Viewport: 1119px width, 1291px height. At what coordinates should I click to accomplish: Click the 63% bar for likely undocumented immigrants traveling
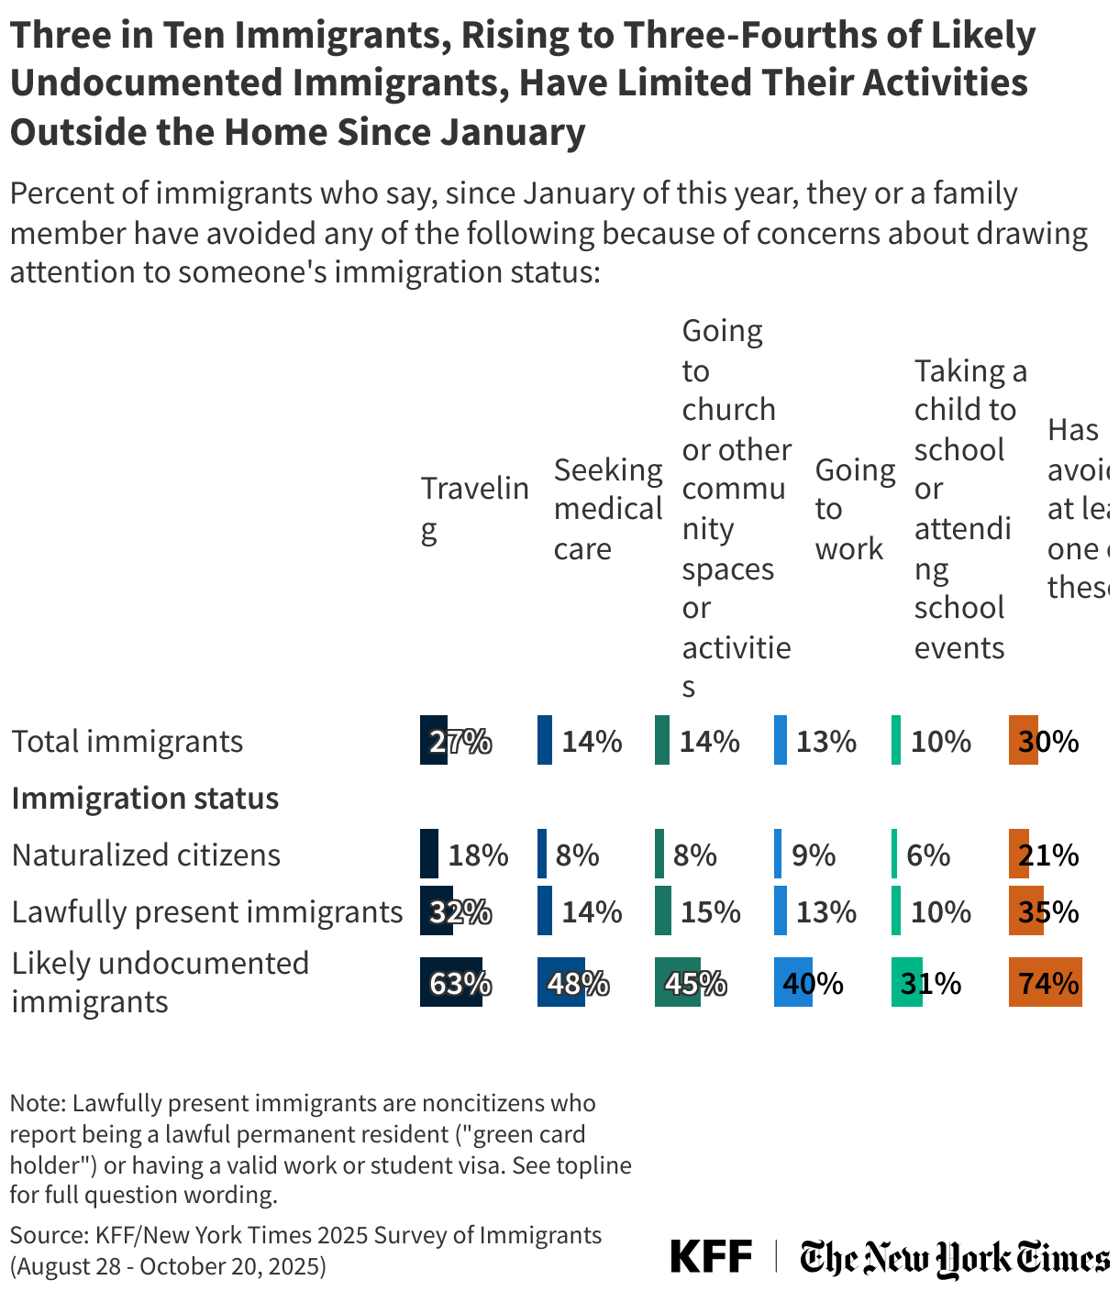pos(451,982)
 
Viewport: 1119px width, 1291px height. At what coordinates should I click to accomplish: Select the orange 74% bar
pos(1045,982)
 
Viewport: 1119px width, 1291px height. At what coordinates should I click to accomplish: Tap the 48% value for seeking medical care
pos(578,983)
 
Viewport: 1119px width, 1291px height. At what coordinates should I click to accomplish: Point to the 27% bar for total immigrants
pos(434,740)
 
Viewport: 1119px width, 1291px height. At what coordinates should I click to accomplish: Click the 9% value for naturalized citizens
pos(814,855)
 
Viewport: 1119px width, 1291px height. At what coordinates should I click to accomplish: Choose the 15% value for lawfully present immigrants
pos(710,911)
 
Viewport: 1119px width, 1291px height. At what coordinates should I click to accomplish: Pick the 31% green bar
pos(906,982)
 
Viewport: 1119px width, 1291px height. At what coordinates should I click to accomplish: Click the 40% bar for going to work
pos(792,982)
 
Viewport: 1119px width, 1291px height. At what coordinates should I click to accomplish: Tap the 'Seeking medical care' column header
pos(607,509)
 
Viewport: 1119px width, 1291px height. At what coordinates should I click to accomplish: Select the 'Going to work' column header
pos(854,509)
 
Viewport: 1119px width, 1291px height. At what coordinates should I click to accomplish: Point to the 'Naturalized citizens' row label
pos(146,855)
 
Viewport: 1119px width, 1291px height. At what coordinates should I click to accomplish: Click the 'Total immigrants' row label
pos(127,741)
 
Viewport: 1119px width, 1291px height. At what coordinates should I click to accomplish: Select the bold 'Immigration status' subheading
pos(145,798)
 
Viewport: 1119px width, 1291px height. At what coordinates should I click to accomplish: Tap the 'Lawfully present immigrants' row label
pos(207,911)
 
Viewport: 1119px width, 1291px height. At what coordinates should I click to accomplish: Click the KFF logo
pos(711,1255)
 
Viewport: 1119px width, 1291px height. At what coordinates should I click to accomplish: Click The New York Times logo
pos(954,1257)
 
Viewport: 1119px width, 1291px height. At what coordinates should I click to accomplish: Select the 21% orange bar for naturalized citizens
pos(1018,855)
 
